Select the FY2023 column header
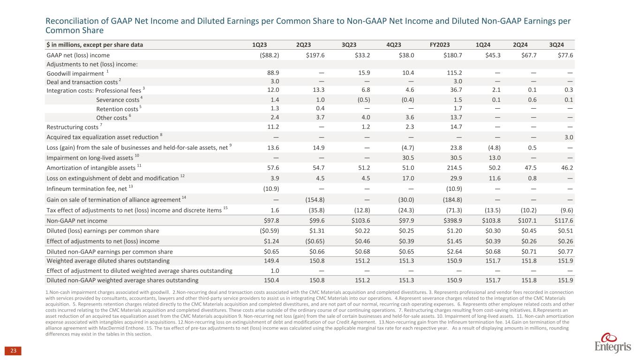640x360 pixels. click(x=440, y=45)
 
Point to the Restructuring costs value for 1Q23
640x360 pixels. click(x=272, y=127)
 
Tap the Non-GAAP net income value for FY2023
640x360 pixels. click(x=440, y=221)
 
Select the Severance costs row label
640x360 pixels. click(x=119, y=100)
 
